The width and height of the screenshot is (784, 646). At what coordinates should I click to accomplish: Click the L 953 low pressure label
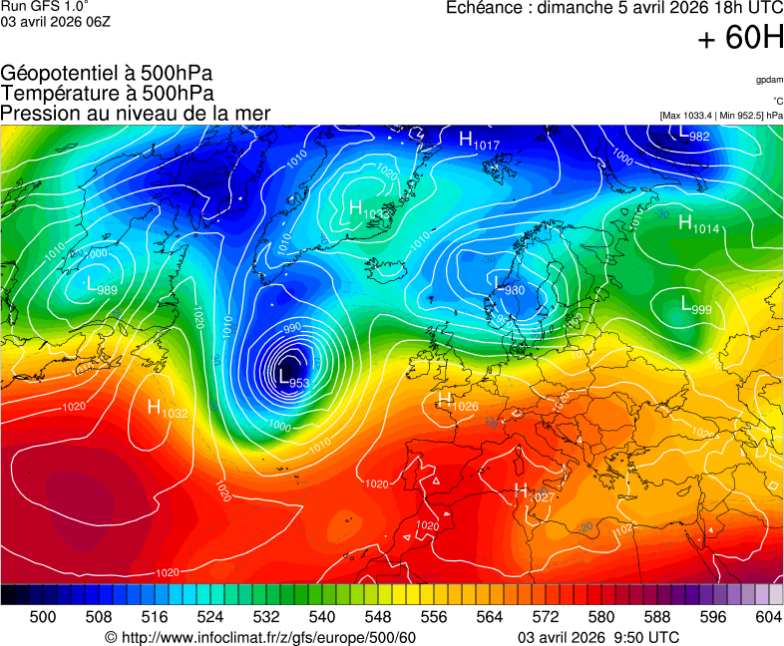click(x=291, y=378)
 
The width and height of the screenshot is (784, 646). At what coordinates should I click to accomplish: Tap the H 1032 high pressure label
click(x=167, y=408)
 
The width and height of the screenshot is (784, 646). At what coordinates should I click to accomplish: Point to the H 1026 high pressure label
click(x=458, y=401)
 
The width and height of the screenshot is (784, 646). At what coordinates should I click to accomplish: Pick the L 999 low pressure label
click(x=695, y=305)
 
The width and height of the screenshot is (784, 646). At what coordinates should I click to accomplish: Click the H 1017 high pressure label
click(x=479, y=141)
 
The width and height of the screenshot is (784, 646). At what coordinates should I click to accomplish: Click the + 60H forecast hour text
click(x=739, y=39)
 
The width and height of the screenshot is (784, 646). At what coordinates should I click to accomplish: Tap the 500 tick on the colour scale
click(x=42, y=617)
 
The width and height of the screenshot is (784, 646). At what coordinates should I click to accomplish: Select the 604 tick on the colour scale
click(x=768, y=617)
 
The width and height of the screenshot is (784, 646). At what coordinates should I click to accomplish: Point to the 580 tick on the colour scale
click(x=601, y=617)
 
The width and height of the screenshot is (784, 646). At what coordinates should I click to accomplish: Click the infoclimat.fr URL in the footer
click(x=260, y=637)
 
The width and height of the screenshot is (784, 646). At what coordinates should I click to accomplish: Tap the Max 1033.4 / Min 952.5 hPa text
click(x=721, y=116)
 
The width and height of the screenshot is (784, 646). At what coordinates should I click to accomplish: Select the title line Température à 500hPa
click(x=107, y=93)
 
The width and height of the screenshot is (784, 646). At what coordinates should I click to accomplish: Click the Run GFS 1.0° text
click(x=45, y=6)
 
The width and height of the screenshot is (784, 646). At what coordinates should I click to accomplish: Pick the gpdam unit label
click(x=769, y=80)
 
